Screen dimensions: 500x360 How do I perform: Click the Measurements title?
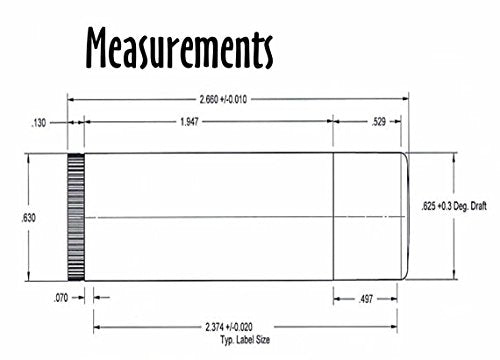180,48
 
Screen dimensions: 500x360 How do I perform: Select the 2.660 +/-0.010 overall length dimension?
223,99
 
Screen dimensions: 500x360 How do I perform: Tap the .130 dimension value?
38,123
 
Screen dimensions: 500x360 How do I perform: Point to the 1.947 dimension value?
189,122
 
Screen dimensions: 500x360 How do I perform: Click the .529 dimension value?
379,122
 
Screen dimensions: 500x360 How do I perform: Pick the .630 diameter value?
28,218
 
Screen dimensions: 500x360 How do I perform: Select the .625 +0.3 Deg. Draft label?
454,206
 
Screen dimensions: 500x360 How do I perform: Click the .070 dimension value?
61,298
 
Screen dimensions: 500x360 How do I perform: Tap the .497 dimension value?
366,299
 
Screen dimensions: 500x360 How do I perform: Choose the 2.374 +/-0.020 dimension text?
229,327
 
